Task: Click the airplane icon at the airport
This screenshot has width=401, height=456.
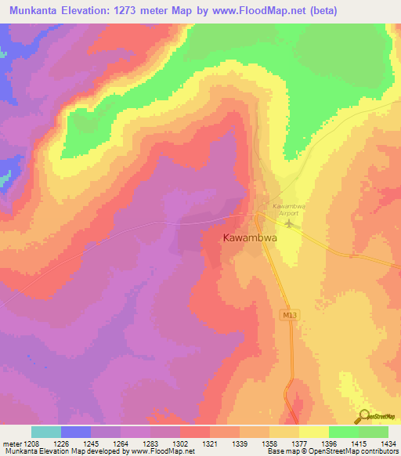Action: tap(291, 224)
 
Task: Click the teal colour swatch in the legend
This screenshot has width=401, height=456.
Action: tap(46, 432)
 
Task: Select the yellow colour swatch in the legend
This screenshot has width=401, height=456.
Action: tap(314, 432)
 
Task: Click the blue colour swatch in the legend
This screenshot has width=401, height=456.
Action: tap(76, 432)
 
